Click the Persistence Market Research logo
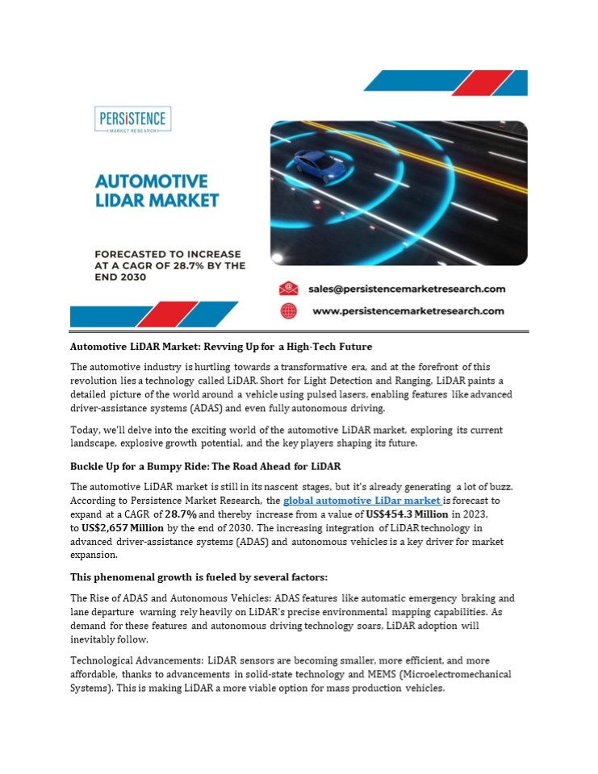point(132,121)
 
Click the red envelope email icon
point(288,289)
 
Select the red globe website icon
point(288,310)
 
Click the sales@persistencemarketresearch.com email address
point(408,289)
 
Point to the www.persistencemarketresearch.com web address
point(408,310)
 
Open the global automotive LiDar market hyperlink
point(362,501)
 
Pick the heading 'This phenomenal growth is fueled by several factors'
point(199,577)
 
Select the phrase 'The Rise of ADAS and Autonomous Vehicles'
point(170,598)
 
